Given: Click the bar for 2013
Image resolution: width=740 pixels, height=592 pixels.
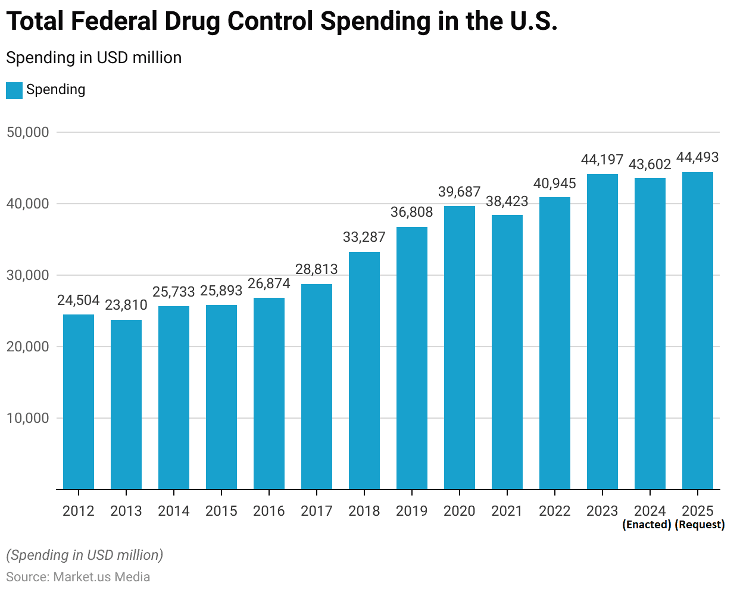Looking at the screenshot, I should (126, 404).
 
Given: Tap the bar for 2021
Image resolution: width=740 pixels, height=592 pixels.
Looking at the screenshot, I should (507, 352).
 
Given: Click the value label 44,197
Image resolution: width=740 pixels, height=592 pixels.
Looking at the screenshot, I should (602, 160).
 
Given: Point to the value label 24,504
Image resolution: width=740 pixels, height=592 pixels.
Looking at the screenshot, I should (79, 300).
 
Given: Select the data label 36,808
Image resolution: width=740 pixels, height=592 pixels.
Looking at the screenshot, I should (412, 212).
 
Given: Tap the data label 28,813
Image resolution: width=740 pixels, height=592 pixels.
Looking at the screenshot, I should (317, 269).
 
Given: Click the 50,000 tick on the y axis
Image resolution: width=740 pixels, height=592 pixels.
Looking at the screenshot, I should (28, 132).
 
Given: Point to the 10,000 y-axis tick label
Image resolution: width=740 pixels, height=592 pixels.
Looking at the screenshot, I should (28, 418).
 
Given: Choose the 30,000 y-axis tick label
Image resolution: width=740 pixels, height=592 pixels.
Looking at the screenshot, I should (28, 275).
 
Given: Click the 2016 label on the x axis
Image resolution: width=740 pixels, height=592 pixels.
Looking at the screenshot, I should (269, 511).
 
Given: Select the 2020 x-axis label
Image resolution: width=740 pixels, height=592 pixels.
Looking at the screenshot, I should (460, 511).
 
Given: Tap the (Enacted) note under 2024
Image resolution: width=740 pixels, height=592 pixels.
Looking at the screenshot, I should (647, 525).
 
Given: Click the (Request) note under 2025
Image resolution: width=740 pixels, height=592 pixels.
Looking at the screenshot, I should (700, 525).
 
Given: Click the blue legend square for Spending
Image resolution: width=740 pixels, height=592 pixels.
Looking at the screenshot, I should (14, 90).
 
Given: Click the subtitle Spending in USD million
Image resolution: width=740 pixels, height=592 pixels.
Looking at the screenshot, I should (94, 58).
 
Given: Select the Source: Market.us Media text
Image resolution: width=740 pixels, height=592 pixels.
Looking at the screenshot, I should (78, 577).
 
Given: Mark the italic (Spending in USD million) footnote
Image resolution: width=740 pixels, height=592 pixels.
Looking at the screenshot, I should (85, 555).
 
